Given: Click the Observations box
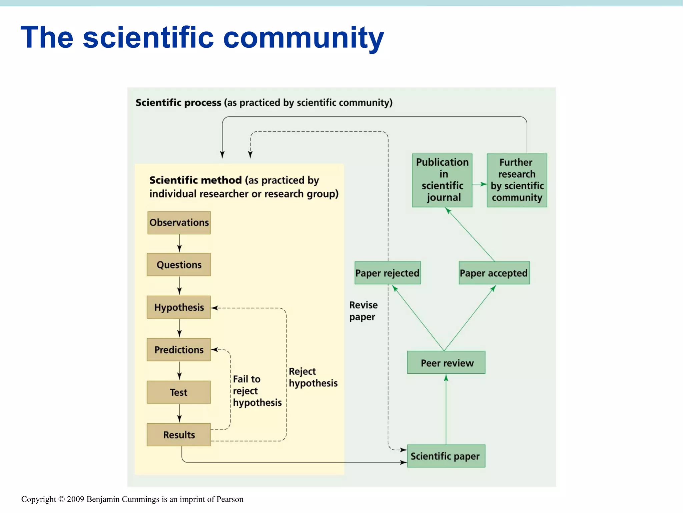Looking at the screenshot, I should point(179,222).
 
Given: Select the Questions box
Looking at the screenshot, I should point(179,265).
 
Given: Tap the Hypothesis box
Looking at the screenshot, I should point(179,307).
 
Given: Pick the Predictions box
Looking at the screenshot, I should point(179,349).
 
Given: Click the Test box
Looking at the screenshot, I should point(179,392).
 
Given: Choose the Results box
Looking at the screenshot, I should point(179,435).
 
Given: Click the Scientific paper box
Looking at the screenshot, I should point(446,456).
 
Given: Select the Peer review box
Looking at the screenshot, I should point(446,362).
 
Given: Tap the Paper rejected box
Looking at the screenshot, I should point(388,273).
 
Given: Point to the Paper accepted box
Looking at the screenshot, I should point(494,273).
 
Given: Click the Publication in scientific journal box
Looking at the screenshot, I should point(442,180).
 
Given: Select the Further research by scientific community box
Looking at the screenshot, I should point(517,180).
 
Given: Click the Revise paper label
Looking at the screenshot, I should point(363,311).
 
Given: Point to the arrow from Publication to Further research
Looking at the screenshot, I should point(480,184).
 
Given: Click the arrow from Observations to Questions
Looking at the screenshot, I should point(179,243).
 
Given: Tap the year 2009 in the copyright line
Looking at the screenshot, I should point(75,499).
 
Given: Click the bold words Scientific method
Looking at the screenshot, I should point(195,180).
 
